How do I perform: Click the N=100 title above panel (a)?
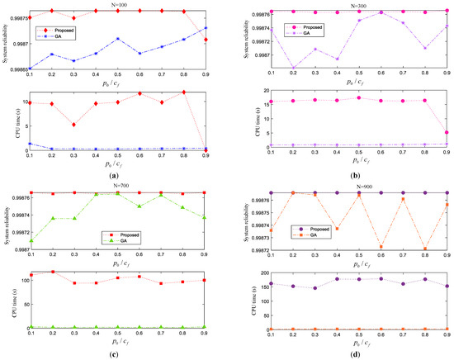[121, 5]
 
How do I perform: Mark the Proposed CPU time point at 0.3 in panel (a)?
[74, 125]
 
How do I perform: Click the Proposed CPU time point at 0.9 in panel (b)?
[447, 132]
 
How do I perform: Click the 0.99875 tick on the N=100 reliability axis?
[17, 15]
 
